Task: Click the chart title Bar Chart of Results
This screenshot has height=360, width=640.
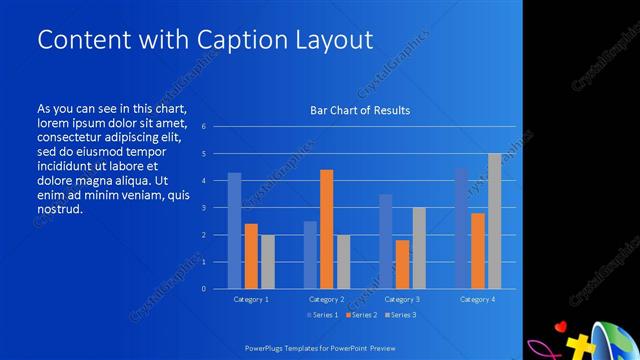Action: [x=359, y=110]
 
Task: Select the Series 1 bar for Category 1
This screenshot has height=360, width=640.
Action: [x=234, y=231]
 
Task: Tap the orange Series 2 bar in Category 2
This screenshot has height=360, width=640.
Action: [x=326, y=229]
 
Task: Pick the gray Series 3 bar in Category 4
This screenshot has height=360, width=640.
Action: [x=494, y=221]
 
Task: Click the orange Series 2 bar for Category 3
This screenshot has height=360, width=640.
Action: [x=402, y=264]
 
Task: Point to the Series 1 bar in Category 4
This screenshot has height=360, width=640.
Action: [x=461, y=228]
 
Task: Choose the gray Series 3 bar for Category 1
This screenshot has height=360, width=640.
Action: [x=267, y=262]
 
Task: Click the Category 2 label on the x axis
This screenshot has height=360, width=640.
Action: [x=326, y=299]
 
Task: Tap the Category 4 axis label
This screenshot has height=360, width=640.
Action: [x=477, y=299]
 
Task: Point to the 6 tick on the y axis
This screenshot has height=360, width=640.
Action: [x=203, y=127]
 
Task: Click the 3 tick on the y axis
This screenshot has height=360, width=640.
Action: [x=203, y=208]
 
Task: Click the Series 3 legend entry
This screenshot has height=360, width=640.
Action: [x=401, y=315]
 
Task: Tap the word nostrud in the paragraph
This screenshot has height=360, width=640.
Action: [x=59, y=210]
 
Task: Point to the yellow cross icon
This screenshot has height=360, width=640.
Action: [x=578, y=346]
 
